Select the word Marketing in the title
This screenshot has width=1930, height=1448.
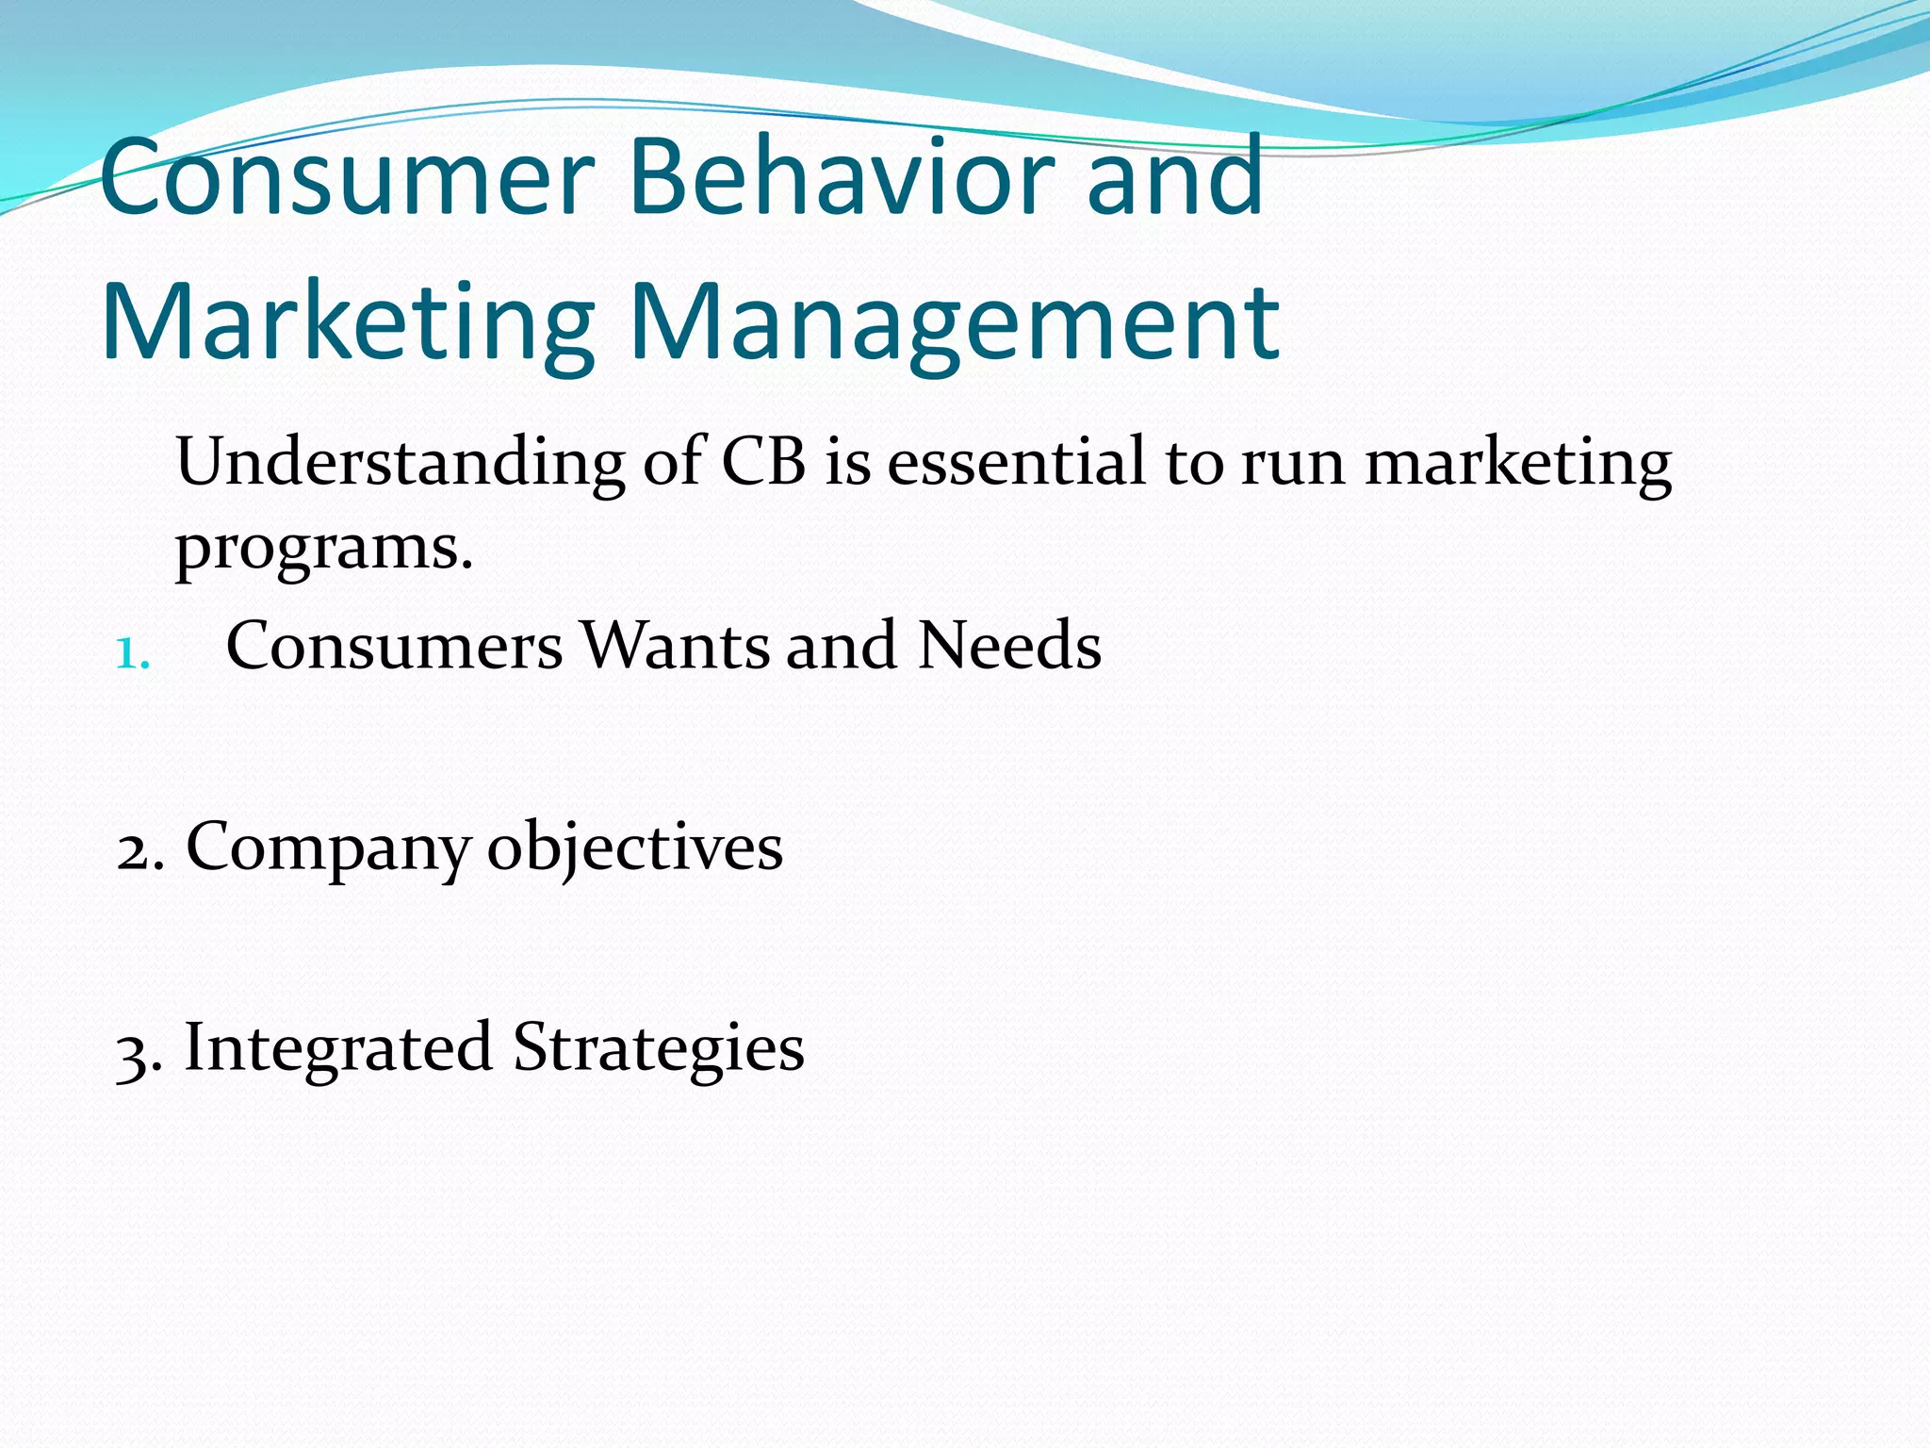coord(347,322)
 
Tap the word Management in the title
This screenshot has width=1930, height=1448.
coord(953,322)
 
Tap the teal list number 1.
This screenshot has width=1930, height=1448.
coord(132,652)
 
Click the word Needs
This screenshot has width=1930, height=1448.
coord(1009,646)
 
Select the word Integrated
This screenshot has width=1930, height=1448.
coord(338,1048)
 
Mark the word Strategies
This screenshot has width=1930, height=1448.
coord(658,1048)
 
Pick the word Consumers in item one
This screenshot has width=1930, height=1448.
coord(394,646)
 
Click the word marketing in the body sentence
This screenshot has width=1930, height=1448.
coord(1518,464)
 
